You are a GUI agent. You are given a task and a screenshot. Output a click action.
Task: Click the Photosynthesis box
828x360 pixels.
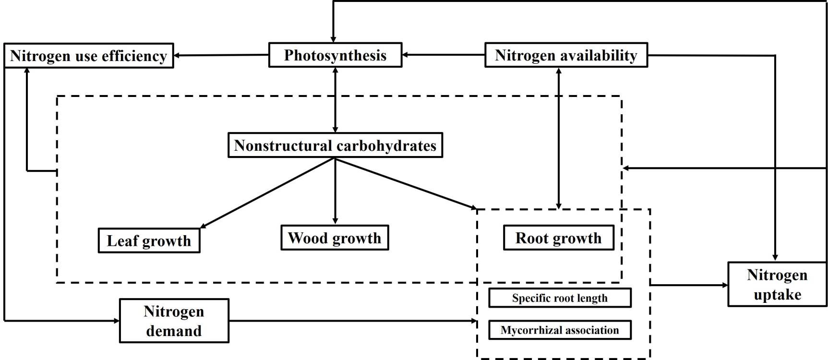tap(335, 55)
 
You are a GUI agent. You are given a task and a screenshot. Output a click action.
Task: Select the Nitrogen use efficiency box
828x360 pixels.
tap(88, 56)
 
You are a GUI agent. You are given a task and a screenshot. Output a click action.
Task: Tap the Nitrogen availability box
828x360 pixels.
tap(566, 55)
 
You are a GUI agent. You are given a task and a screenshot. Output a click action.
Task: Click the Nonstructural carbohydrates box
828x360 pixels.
tap(335, 145)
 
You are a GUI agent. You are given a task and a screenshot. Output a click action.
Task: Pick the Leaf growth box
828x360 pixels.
tap(149, 240)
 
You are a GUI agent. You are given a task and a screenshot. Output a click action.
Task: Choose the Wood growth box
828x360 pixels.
tap(335, 238)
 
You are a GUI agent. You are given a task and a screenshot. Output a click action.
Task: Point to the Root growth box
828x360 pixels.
tap(558, 238)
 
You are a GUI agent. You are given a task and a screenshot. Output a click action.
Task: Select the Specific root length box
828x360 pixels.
tap(560, 298)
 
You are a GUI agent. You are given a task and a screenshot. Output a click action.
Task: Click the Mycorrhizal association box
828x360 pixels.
tap(560, 330)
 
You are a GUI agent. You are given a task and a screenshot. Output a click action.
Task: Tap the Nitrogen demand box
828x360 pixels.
tap(174, 321)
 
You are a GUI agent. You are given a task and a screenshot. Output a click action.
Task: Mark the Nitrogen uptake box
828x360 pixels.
tap(777, 284)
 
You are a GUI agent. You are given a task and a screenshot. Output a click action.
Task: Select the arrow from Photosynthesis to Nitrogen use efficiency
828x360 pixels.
tap(221, 55)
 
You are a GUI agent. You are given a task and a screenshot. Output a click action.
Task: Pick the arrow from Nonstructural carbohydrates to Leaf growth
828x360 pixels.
tap(267, 193)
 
